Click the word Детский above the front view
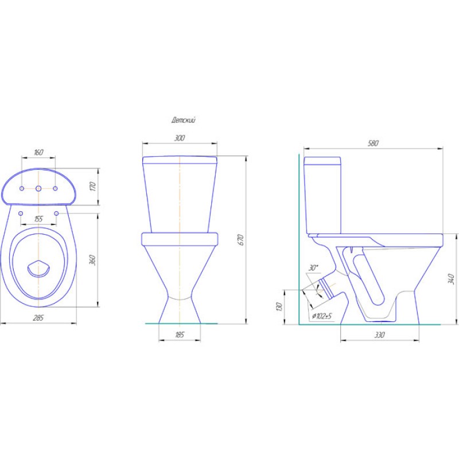183,120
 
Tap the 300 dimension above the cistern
180,138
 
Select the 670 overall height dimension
240,240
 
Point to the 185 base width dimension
180,334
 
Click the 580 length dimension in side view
373,143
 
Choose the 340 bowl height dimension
451,279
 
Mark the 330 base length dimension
379,334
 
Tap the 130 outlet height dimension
279,306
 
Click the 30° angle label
313,267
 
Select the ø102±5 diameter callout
322,316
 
